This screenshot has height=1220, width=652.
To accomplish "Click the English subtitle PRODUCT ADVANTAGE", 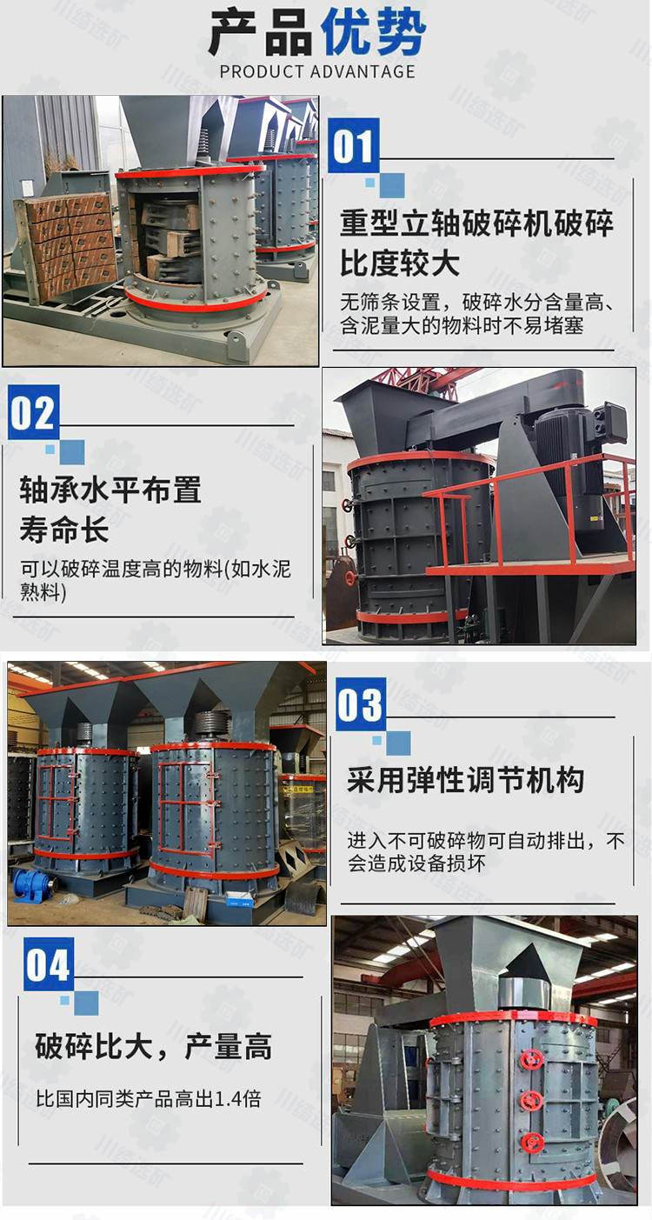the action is (x=317, y=71).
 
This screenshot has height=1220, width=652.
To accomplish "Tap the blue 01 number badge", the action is (x=354, y=145).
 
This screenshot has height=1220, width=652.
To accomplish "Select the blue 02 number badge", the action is (x=34, y=412).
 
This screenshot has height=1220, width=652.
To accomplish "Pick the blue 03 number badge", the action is (x=361, y=704).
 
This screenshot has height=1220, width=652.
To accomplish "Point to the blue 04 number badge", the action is (x=49, y=964).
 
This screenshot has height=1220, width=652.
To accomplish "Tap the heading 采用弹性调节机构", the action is (x=466, y=780).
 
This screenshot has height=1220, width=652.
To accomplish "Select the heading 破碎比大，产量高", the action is (x=154, y=1046).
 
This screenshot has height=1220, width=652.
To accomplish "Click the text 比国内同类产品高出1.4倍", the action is (x=149, y=1098).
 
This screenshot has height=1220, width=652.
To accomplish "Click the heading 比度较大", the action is (x=400, y=263).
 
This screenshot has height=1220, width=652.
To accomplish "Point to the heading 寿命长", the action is (x=64, y=529).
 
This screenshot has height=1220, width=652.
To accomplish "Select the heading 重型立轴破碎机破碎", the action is (x=477, y=223).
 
